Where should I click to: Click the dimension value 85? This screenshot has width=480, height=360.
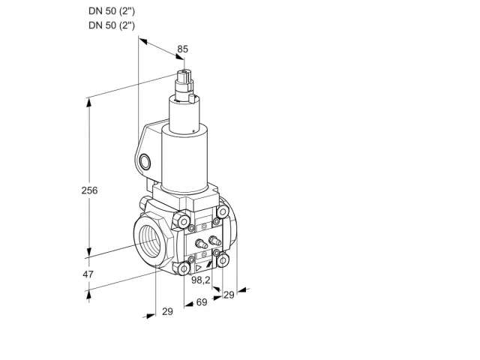tap(183, 49)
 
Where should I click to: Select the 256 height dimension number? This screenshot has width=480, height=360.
tap(89, 190)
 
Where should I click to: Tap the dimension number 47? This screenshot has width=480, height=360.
tap(88, 274)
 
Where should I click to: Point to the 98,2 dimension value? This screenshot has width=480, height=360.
tap(201, 280)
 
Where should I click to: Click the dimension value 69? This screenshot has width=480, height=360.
tap(202, 302)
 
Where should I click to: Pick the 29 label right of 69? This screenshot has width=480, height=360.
tap(229, 295)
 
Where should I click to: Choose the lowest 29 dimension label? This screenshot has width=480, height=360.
tap(167, 312)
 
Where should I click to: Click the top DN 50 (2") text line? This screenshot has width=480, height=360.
tap(112, 11)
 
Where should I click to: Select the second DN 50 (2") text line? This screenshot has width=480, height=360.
tap(112, 25)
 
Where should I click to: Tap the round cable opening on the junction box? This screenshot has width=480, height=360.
tap(145, 162)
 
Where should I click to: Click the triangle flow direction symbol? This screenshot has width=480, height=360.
tap(199, 268)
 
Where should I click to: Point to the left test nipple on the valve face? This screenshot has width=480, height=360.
tap(200, 243)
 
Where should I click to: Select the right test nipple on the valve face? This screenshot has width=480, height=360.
tap(214, 240)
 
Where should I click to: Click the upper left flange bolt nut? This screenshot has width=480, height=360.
tap(182, 220)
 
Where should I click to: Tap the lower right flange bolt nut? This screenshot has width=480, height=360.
tap(223, 260)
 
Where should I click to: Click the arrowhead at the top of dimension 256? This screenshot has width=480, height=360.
tap(89, 102)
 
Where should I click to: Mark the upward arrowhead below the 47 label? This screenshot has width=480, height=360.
tap(88, 294)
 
